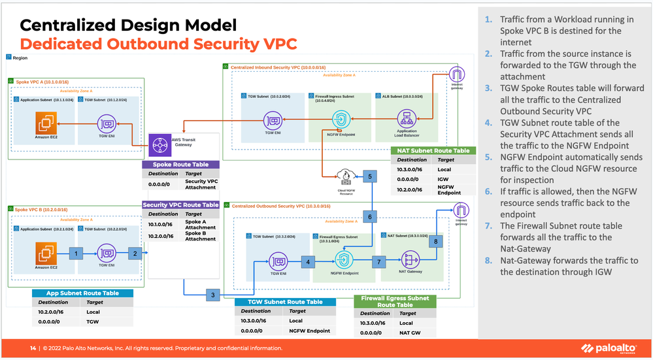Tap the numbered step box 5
click(x=370, y=177)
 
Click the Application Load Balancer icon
click(x=407, y=119)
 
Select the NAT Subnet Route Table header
click(x=432, y=151)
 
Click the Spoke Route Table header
click(x=180, y=165)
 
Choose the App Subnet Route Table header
click(x=82, y=293)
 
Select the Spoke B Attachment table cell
click(x=200, y=236)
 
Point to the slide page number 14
click(x=33, y=348)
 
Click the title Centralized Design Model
click(x=127, y=25)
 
